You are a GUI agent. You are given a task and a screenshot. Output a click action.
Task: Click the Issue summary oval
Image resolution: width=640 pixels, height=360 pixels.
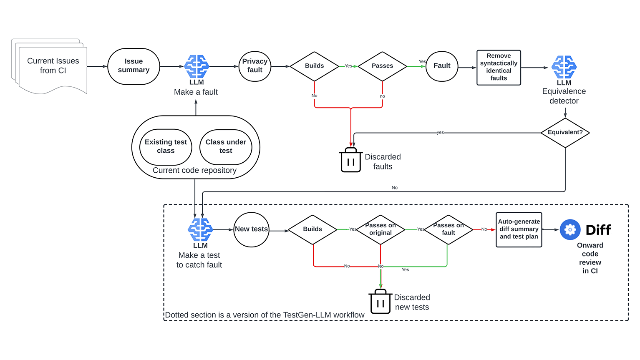click(x=134, y=66)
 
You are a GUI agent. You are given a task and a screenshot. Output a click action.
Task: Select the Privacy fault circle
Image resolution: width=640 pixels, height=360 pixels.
click(x=255, y=66)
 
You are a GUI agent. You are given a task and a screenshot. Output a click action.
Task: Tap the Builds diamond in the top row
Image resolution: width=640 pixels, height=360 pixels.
click(x=314, y=66)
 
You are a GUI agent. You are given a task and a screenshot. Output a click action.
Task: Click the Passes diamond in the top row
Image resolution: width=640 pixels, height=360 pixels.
click(x=382, y=66)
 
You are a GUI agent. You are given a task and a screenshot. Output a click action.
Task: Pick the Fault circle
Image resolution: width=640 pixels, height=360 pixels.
click(x=442, y=66)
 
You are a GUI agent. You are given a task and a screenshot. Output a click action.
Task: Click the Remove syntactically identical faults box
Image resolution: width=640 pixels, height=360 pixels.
click(x=499, y=68)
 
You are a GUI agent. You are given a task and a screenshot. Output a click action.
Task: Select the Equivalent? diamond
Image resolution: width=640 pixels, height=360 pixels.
click(x=565, y=133)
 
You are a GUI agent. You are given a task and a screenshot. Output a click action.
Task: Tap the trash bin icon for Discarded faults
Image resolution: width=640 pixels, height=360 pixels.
click(x=351, y=160)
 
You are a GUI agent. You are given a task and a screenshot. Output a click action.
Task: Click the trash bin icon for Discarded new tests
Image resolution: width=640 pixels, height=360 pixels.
click(x=380, y=302)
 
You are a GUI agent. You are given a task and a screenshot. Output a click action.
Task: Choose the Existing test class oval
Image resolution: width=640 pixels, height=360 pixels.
click(x=166, y=147)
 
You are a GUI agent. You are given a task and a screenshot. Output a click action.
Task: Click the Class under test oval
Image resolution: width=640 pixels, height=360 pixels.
click(x=226, y=147)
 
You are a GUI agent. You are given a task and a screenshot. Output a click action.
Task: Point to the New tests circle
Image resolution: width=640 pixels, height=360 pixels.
click(x=251, y=229)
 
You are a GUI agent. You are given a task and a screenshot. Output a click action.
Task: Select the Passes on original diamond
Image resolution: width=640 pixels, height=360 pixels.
click(x=380, y=229)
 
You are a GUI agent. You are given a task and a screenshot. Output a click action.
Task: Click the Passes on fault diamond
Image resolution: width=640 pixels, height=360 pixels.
click(x=449, y=229)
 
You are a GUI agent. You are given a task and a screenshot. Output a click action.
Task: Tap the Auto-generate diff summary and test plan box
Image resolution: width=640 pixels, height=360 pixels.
click(x=519, y=229)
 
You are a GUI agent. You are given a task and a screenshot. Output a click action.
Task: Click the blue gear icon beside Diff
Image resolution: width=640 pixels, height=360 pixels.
click(x=570, y=229)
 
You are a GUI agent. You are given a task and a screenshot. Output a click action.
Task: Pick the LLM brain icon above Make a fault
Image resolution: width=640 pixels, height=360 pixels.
click(x=197, y=66)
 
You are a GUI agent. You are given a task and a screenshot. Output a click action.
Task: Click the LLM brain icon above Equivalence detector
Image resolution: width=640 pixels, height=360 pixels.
click(x=564, y=67)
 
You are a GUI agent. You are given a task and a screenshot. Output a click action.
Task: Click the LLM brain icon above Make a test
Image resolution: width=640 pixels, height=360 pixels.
click(x=200, y=229)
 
